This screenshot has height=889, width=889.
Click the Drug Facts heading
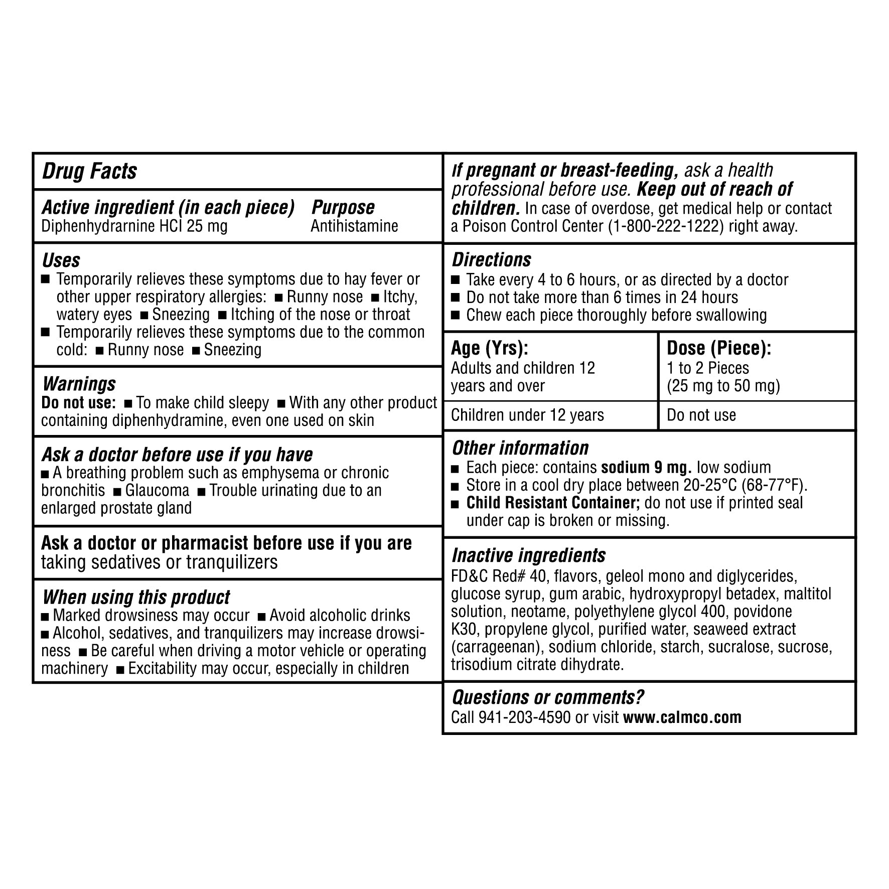[89, 171]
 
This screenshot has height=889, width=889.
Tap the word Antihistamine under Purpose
[354, 226]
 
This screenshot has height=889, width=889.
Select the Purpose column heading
[343, 207]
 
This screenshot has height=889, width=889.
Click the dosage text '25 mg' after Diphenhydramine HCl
[207, 226]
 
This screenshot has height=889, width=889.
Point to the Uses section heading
[61, 260]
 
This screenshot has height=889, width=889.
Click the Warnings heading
[79, 384]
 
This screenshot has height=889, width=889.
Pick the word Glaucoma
[158, 490]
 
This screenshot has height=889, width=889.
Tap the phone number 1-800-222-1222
[666, 226]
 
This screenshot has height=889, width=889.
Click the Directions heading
[491, 260]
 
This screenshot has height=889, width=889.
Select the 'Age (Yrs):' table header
[490, 348]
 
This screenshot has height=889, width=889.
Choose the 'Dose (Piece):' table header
[719, 348]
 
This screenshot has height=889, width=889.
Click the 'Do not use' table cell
[701, 415]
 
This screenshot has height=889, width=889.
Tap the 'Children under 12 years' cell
[527, 415]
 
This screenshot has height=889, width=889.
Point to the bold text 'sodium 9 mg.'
[647, 468]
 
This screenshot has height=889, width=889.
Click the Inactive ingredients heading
[529, 555]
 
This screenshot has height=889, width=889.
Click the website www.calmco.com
[682, 717]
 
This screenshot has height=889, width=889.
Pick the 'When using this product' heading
[136, 597]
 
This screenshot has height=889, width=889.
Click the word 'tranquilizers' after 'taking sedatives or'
[232, 562]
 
